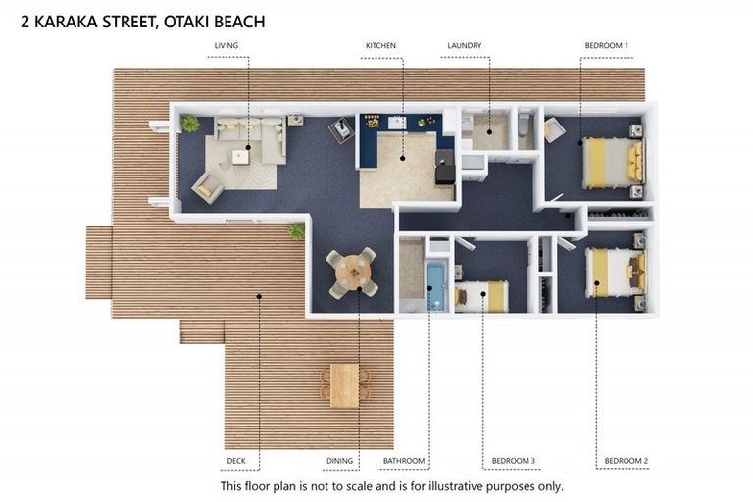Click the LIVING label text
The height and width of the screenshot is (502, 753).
(x=226, y=45)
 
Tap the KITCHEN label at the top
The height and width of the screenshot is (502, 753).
(x=381, y=45)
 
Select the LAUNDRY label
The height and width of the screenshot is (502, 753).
(x=464, y=45)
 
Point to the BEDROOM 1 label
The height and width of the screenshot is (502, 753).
(x=606, y=45)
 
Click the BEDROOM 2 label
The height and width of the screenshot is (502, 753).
(x=626, y=461)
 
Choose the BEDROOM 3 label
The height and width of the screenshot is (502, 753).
(x=513, y=461)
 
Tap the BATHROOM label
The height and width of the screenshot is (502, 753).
(x=404, y=461)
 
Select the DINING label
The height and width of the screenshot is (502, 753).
(x=339, y=461)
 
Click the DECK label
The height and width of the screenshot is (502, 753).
(x=235, y=461)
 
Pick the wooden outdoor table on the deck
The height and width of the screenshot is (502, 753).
(x=344, y=384)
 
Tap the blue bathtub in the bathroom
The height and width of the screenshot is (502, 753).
(x=435, y=286)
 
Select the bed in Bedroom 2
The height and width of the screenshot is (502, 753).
(x=615, y=272)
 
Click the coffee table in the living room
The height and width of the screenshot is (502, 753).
(x=240, y=156)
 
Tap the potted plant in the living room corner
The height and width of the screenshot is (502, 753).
(x=190, y=124)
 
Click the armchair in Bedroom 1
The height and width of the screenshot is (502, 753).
(x=555, y=129)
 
